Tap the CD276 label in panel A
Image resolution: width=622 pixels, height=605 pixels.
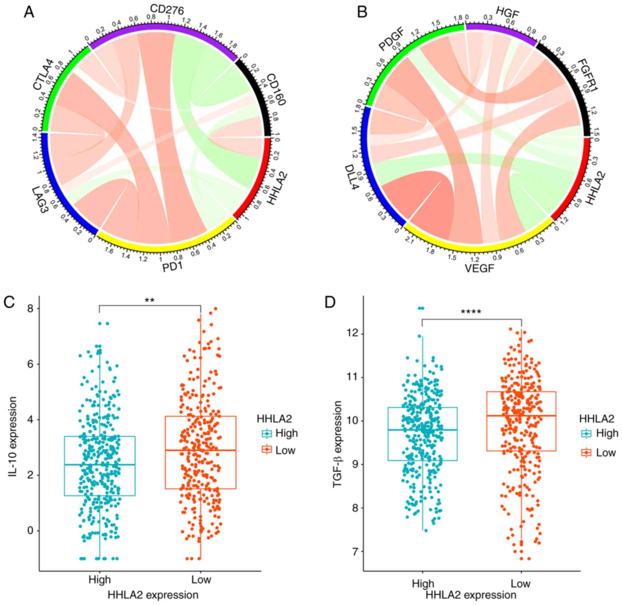tap(167, 10)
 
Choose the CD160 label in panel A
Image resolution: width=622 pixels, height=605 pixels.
tap(275, 89)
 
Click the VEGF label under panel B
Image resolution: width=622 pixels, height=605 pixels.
tap(479, 269)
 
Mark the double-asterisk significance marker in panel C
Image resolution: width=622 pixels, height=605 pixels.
tap(150, 300)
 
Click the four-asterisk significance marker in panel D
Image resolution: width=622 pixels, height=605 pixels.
tap(471, 312)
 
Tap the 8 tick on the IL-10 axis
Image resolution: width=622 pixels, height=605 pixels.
tap(30, 308)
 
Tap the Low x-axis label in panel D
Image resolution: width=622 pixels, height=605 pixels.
tap(520, 584)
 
